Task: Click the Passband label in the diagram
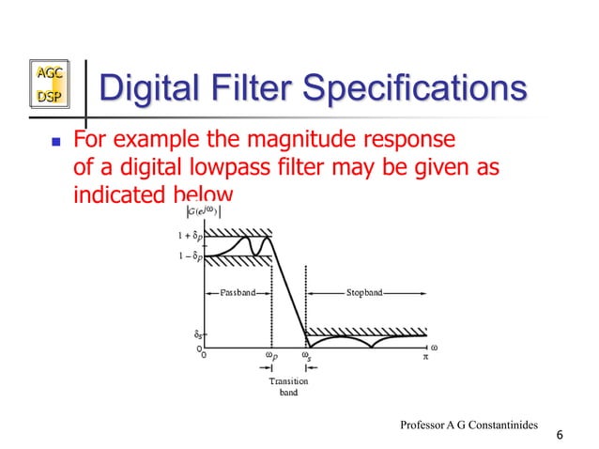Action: click(x=238, y=293)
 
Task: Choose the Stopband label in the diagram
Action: click(x=364, y=293)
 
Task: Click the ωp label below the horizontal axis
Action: click(x=271, y=356)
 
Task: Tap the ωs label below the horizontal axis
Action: click(x=306, y=356)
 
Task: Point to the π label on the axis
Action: click(x=424, y=356)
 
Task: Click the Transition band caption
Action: click(x=288, y=386)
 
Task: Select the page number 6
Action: click(x=560, y=434)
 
